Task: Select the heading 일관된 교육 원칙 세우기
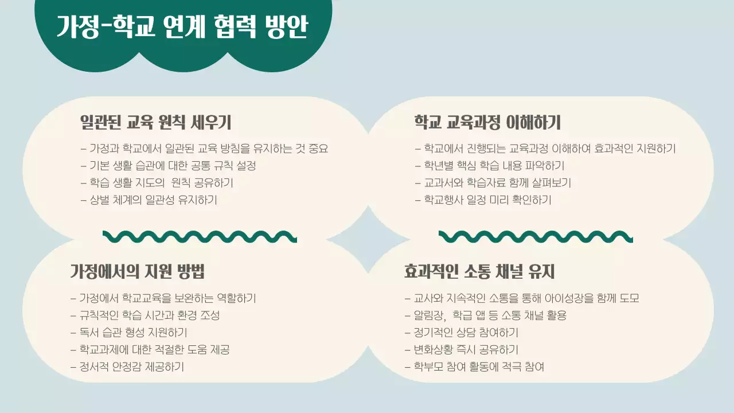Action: point(155,122)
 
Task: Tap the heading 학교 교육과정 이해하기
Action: point(487,122)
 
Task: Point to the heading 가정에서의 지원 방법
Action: point(137,271)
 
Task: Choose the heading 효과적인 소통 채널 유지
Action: point(479,271)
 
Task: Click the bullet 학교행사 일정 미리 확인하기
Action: point(483,200)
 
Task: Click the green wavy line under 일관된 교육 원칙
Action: point(200,236)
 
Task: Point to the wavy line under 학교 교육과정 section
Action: point(536,236)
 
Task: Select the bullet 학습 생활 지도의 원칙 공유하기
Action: point(157,183)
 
